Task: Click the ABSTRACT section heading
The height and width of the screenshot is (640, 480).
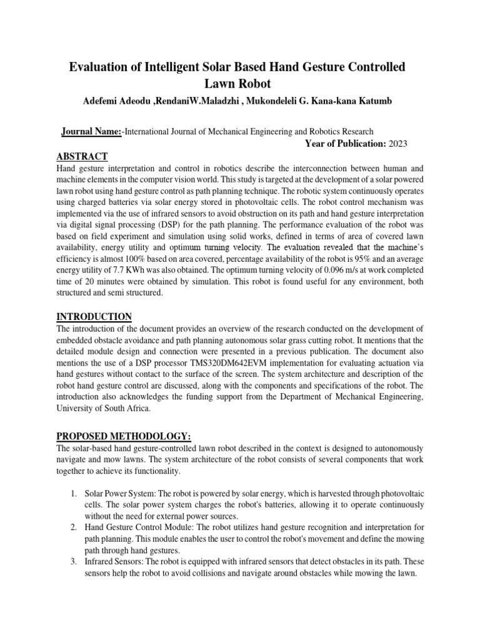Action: tap(82, 156)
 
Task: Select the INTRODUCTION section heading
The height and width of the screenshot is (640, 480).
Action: tap(94, 317)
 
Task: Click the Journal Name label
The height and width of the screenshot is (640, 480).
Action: tap(91, 131)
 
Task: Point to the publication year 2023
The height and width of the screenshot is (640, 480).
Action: tap(398, 144)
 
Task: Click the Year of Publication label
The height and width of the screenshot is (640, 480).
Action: tap(345, 144)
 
